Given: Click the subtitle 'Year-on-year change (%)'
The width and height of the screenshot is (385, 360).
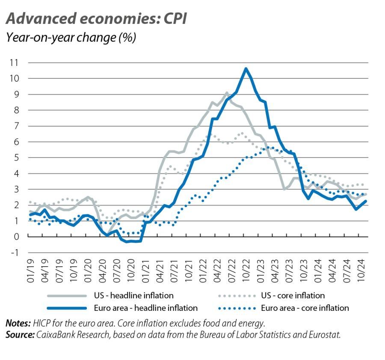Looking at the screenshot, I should [71, 38].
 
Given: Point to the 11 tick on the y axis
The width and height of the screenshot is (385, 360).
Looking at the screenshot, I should [14, 62].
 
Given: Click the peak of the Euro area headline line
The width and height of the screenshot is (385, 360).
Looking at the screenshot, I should [246, 68].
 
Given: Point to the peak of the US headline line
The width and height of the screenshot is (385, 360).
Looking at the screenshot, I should [227, 92].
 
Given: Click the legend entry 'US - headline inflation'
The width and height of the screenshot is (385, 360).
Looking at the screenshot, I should [133, 295].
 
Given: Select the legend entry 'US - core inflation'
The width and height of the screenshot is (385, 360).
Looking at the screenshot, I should [293, 295].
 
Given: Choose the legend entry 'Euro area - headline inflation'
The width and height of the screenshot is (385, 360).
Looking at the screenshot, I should [145, 308].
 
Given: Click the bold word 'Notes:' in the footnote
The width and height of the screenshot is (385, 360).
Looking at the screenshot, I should [18, 323].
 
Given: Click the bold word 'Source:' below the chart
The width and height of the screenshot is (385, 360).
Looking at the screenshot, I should [20, 335].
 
